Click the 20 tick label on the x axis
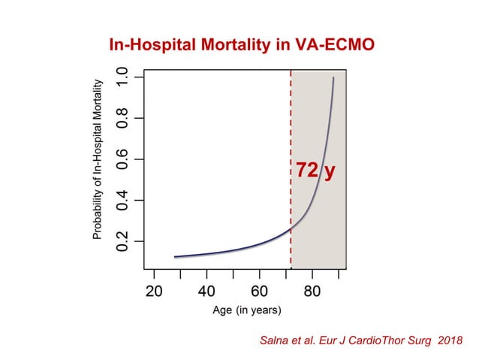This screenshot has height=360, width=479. [154, 292]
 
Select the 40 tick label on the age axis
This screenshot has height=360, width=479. [206, 292]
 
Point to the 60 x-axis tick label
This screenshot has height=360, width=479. [259, 292]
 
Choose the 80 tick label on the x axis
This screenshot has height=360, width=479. [312, 292]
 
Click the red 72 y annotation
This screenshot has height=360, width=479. [315, 171]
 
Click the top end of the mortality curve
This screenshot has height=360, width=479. [334, 77]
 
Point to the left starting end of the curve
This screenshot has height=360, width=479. [175, 257]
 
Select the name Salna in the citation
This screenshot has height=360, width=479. [272, 341]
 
